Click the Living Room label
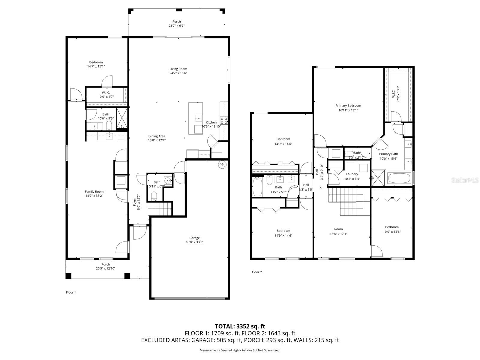pos(178,69)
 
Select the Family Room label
pos(94,192)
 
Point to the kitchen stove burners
pos(224,121)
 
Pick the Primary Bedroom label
pos(348,106)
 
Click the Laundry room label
pos(352,174)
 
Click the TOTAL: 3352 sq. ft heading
pos(240,326)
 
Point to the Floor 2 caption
pos(257,272)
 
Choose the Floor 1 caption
pos(71,292)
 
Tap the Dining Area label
pos(157,136)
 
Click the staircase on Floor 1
pos(160,208)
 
